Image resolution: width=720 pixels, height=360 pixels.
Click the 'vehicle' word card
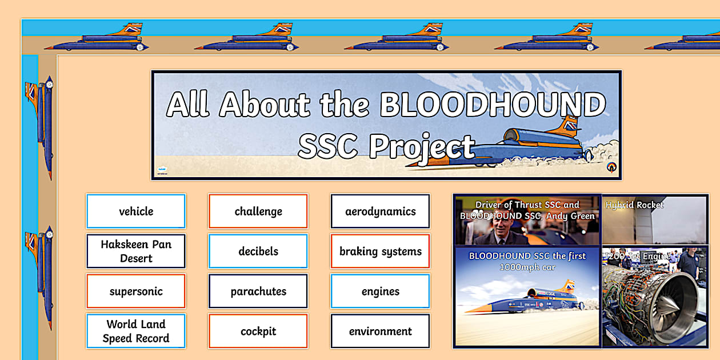(136, 211)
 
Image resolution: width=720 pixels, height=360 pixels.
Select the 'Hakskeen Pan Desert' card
(136, 251)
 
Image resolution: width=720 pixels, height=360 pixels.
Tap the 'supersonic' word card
(136, 291)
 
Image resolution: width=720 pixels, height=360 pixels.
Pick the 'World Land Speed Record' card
(136, 331)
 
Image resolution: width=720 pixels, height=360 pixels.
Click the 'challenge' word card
(258, 211)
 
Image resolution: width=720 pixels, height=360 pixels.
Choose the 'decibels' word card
(258, 251)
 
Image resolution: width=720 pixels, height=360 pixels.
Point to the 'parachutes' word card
(258, 291)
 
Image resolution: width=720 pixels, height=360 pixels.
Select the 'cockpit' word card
(258, 331)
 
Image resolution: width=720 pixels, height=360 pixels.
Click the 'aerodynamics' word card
(381, 211)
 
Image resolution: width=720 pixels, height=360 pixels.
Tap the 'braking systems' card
(381, 251)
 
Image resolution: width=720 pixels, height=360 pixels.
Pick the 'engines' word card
(381, 291)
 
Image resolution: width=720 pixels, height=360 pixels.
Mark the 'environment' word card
(381, 331)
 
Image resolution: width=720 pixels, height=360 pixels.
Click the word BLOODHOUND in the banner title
(492, 105)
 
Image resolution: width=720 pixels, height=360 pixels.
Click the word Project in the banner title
(422, 146)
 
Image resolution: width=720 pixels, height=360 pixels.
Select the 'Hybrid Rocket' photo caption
(634, 205)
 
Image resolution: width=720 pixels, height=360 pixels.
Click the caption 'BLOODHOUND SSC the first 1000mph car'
(527, 262)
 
